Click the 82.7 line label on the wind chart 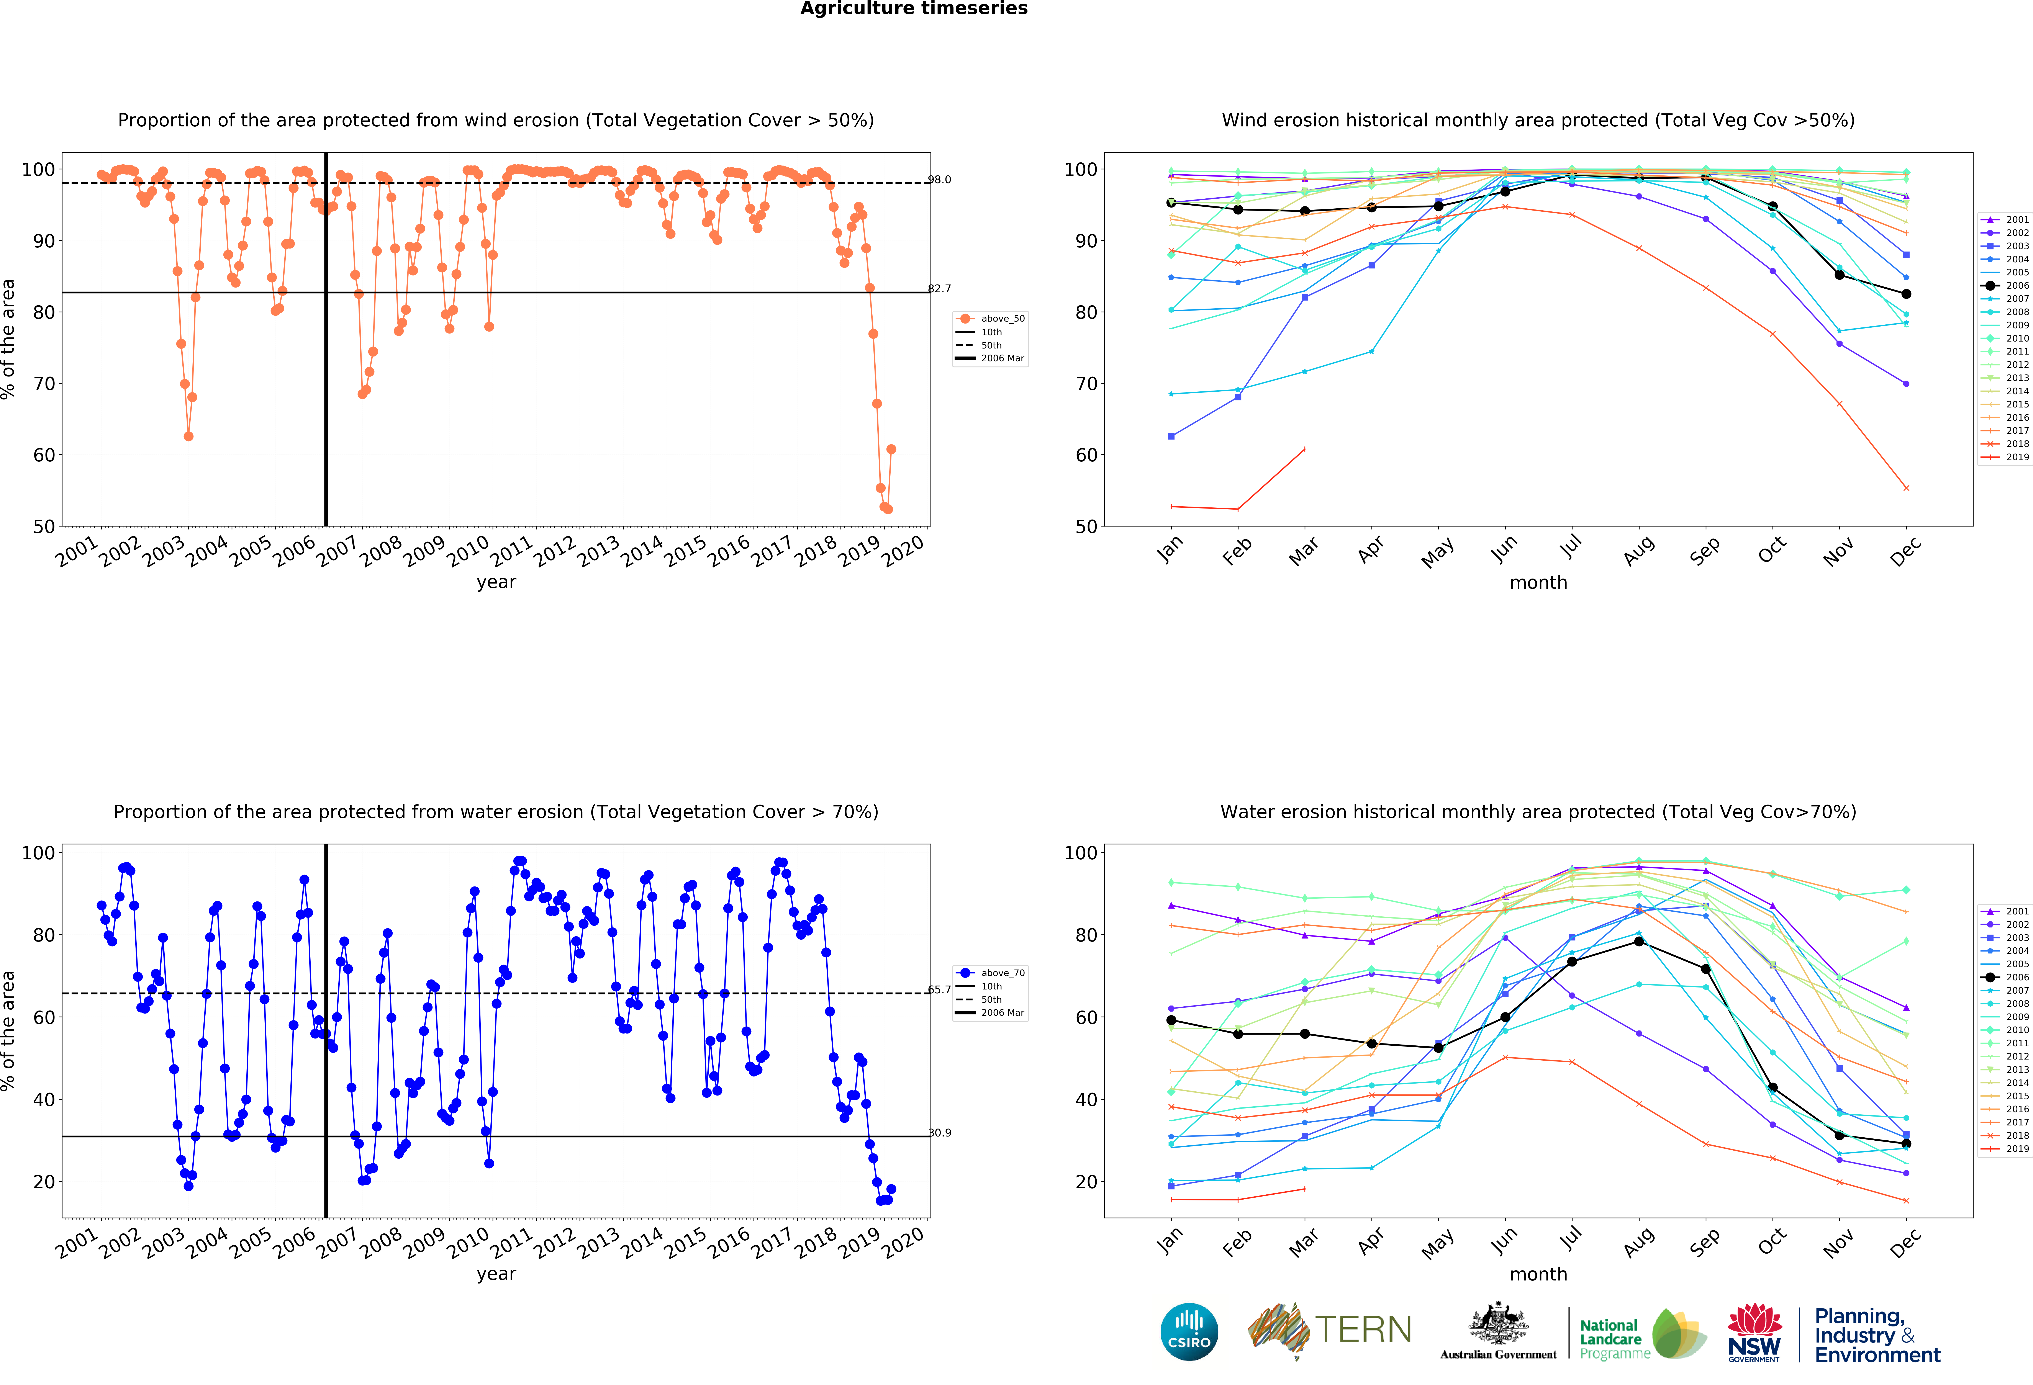pos(940,289)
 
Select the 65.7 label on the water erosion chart pos(940,990)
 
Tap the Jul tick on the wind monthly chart pos(1571,547)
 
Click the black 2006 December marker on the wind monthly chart pos(1906,294)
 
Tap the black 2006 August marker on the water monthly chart pos(1638,941)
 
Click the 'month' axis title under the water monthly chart pos(1538,1274)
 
